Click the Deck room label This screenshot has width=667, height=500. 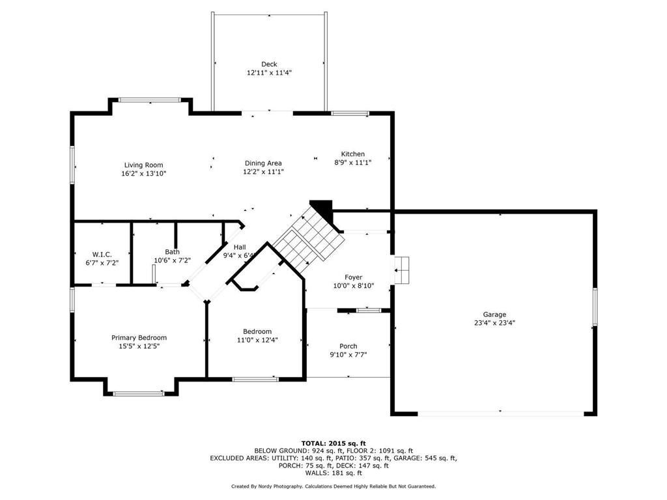pos(269,64)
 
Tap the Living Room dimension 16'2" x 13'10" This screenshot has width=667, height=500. pos(143,174)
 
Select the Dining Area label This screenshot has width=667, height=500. pos(263,163)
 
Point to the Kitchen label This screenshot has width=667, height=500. pos(352,154)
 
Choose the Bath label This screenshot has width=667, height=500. pos(172,252)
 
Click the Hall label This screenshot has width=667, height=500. pos(240,247)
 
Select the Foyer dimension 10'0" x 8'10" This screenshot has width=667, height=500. pos(353,286)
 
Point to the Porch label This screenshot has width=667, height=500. pos(348,346)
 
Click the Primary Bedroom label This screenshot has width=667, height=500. pos(139,337)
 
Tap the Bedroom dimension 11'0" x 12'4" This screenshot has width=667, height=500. pos(257,340)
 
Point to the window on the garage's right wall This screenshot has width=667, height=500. pos(594,306)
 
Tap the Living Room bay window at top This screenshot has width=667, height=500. pos(149,100)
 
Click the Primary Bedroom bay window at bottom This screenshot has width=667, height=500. pos(139,393)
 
